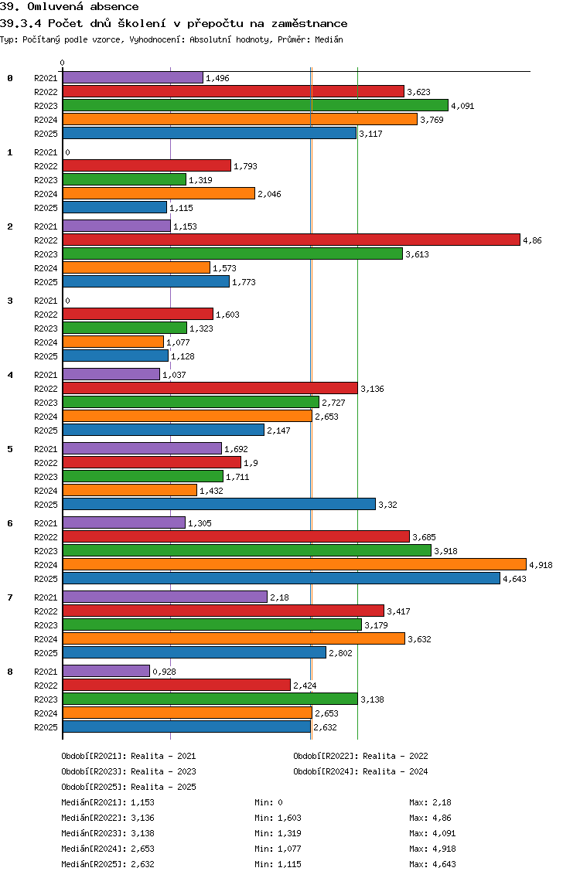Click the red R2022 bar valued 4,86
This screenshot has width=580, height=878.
pos(291,240)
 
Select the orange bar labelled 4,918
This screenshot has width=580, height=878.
pos(294,564)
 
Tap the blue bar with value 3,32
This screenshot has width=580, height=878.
pos(219,504)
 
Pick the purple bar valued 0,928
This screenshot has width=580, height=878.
pos(106,671)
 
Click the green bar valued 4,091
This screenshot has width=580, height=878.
pos(255,105)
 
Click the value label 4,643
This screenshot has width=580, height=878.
pos(514,579)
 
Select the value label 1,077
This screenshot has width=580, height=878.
pos(178,342)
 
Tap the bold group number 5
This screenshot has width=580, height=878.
pos(10,449)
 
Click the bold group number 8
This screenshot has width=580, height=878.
pos(10,672)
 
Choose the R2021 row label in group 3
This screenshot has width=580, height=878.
pos(46,301)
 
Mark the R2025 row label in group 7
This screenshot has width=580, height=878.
pos(46,653)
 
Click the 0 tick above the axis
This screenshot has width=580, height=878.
pos(63,63)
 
